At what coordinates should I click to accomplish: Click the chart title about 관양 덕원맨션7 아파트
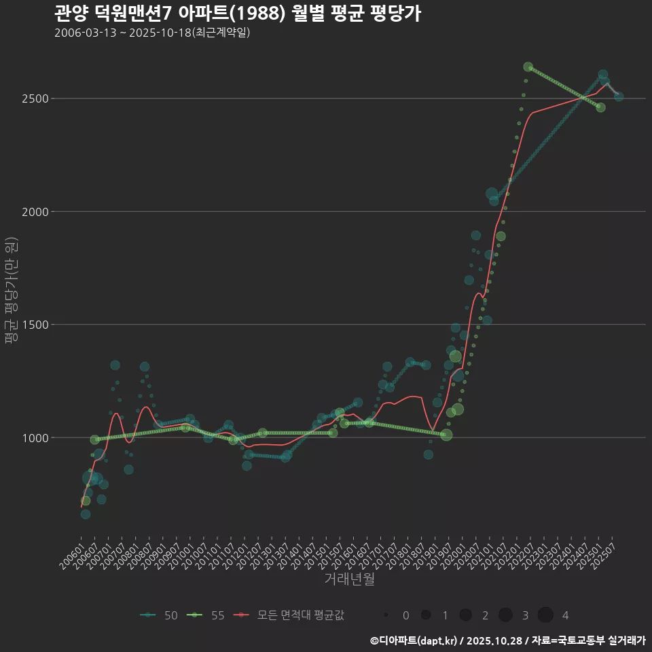[x=237, y=14]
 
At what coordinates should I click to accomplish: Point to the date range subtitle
[x=152, y=33]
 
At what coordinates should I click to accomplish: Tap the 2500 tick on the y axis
[x=34, y=98]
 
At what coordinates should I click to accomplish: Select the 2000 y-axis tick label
[x=34, y=211]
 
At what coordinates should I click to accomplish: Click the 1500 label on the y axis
[x=34, y=325]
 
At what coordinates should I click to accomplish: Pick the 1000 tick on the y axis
[x=34, y=437]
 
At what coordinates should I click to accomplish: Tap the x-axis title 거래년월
[x=349, y=579]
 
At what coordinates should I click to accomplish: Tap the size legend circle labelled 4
[x=545, y=615]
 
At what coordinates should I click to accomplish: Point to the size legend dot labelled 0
[x=386, y=615]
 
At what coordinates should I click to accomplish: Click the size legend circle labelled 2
[x=465, y=615]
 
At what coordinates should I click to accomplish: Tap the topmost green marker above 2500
[x=528, y=67]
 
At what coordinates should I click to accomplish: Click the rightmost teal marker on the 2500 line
[x=619, y=96]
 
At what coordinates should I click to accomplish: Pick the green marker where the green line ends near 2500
[x=600, y=107]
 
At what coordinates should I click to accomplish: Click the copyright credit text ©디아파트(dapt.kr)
[x=414, y=640]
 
